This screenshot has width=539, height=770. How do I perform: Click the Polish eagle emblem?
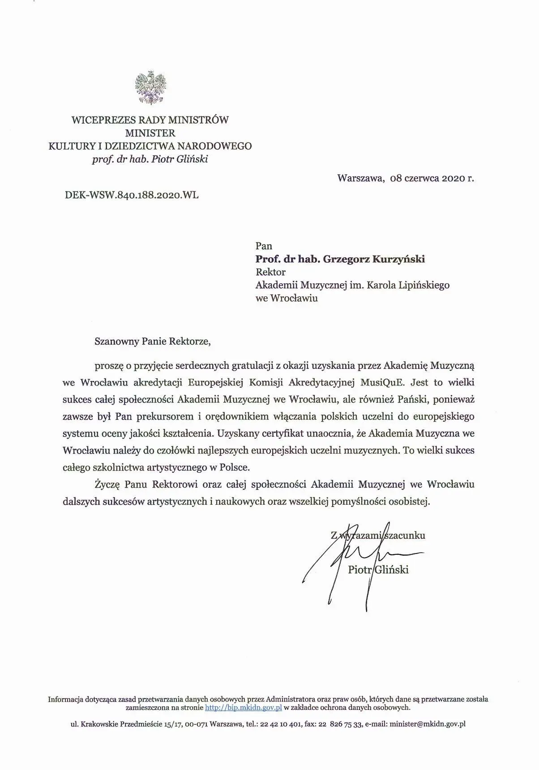pos(150,88)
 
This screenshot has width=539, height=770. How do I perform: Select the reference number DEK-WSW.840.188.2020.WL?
pos(132,195)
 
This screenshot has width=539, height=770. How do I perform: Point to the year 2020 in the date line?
pos(448,178)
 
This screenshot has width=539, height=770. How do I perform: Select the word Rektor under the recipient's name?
pos(270,272)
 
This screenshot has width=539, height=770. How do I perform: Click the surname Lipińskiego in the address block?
pos(421,285)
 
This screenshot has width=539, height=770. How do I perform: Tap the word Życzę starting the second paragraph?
pos(106,484)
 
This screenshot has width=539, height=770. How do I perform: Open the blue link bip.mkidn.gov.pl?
pos(243,708)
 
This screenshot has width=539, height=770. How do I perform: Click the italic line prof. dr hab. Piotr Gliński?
pos(150,159)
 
